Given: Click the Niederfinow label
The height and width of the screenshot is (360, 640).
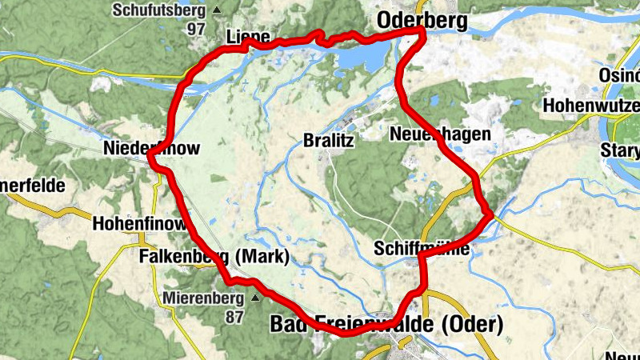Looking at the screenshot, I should (151, 148).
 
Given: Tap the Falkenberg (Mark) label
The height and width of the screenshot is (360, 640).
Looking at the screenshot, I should (213, 257).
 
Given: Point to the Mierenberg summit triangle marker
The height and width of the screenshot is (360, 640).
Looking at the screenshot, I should (255, 299).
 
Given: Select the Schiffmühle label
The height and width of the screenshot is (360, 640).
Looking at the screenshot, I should (421, 250).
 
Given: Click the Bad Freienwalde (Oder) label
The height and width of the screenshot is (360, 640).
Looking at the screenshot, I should (387, 324).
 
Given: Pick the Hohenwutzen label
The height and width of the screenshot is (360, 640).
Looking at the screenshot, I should (592, 105).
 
